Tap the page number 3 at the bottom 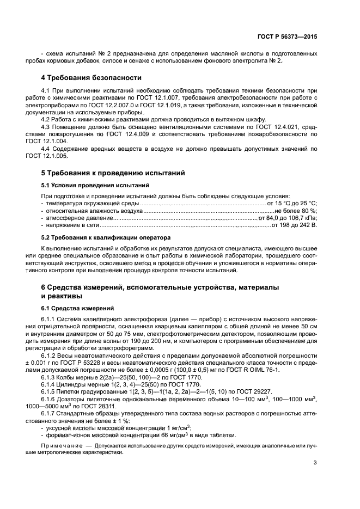pos(315,463)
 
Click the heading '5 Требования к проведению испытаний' pos(113,173)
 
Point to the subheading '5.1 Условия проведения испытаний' pos(88,186)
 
